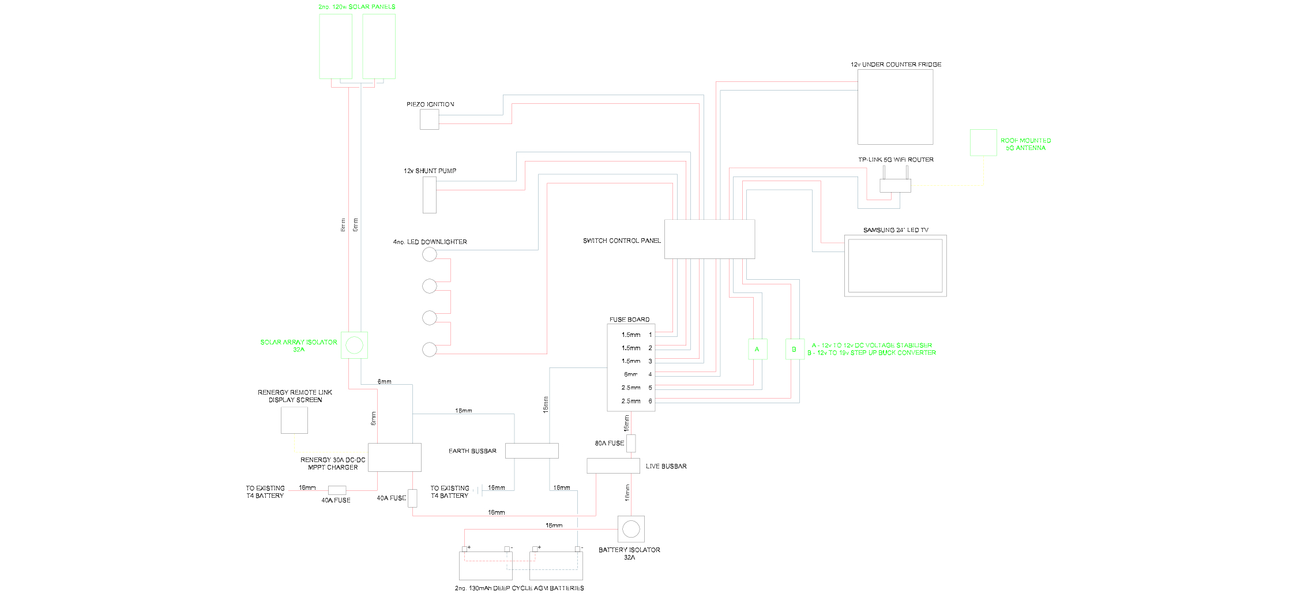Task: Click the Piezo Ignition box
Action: pyautogui.click(x=429, y=119)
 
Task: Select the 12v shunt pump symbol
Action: pyautogui.click(x=430, y=195)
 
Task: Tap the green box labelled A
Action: pyautogui.click(x=757, y=349)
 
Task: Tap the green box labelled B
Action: pyautogui.click(x=795, y=349)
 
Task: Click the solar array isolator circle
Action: pyautogui.click(x=354, y=345)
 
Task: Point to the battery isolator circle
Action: pyautogui.click(x=631, y=529)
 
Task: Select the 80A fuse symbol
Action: pyautogui.click(x=631, y=443)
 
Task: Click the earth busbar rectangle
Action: pyautogui.click(x=532, y=451)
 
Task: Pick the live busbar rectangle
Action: pyautogui.click(x=614, y=466)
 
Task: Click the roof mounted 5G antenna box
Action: pyautogui.click(x=983, y=142)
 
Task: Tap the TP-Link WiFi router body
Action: pyautogui.click(x=895, y=185)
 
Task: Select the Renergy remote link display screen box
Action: pyautogui.click(x=294, y=420)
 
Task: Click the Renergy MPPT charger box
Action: pyautogui.click(x=394, y=457)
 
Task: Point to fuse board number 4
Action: pyautogui.click(x=650, y=374)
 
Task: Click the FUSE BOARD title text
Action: pyautogui.click(x=629, y=319)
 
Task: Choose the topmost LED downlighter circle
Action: pyautogui.click(x=430, y=254)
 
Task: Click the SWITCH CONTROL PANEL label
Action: pyautogui.click(x=622, y=241)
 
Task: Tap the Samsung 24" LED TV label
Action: pyautogui.click(x=896, y=230)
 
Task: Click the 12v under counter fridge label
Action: pyautogui.click(x=896, y=65)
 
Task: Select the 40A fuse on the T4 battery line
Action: pyautogui.click(x=337, y=490)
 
